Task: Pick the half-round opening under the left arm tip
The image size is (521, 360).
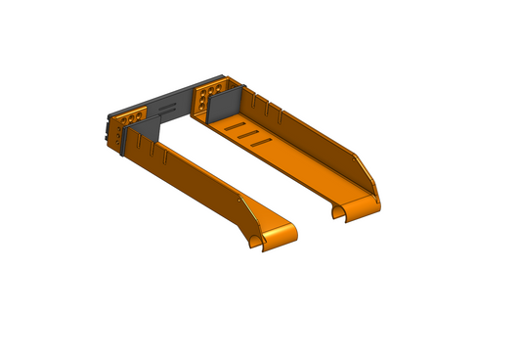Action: (259, 240)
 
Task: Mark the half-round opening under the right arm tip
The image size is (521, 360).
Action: (339, 210)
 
